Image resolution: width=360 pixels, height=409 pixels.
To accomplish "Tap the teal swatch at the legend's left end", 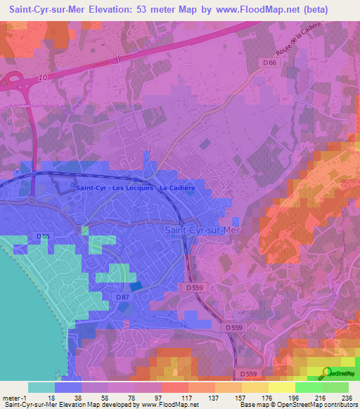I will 41,387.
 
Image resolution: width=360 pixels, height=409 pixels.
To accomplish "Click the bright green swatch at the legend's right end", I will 336,387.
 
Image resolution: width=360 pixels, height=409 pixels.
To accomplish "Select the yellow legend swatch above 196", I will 282,387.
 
